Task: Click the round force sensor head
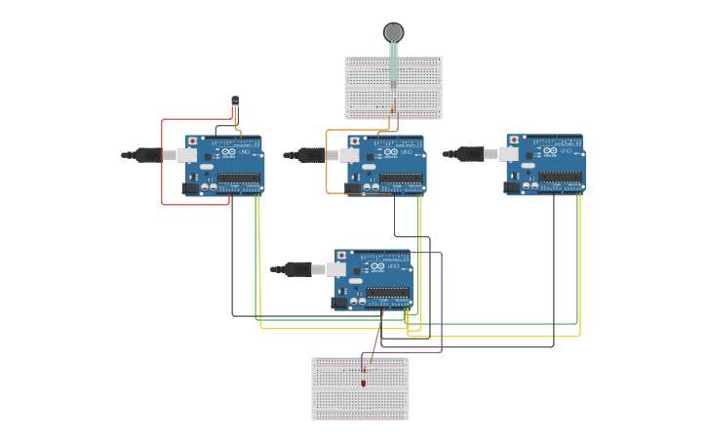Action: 393,32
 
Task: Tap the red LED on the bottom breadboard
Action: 364,382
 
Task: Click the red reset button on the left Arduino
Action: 192,141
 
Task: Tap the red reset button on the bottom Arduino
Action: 341,256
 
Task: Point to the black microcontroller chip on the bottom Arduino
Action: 388,291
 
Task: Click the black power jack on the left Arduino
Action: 190,188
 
